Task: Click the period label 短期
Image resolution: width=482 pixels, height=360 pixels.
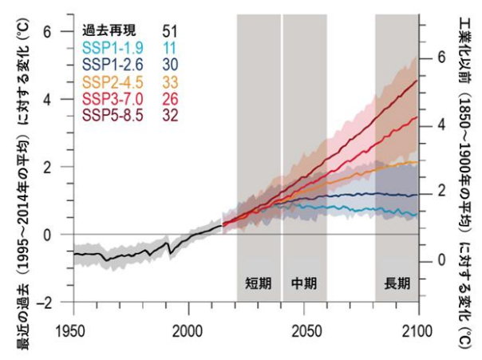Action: point(258,283)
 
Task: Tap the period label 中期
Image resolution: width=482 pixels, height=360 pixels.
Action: point(304,283)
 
